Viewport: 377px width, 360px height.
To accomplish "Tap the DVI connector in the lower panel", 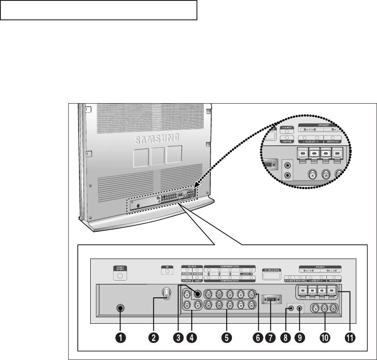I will click(271, 299).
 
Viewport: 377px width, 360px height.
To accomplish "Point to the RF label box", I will click(164, 267).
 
